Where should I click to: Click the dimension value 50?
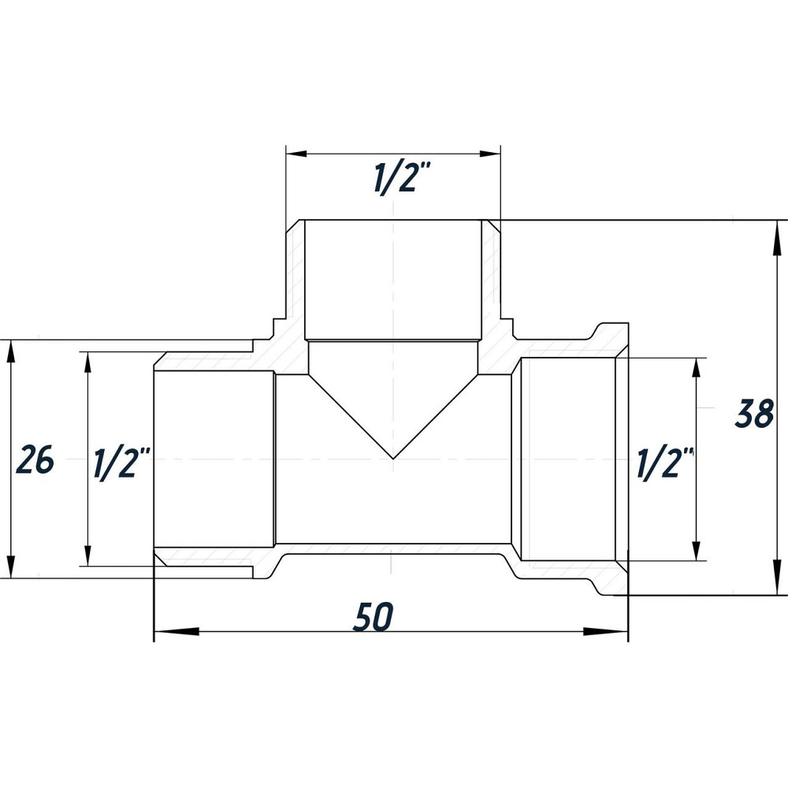[x=372, y=618]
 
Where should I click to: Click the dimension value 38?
[x=753, y=414]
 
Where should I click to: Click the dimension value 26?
[x=35, y=460]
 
